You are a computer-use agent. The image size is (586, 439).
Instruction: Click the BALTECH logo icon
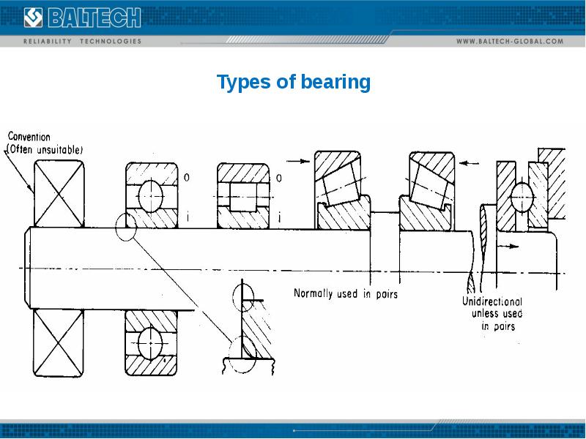(34, 17)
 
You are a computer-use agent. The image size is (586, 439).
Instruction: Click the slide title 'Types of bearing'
(294, 82)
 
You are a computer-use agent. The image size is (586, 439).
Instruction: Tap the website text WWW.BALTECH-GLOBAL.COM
(510, 41)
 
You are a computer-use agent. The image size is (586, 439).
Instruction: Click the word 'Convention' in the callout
(29, 136)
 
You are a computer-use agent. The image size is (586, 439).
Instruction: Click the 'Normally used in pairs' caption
(345, 293)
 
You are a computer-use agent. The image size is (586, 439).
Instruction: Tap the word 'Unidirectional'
(492, 301)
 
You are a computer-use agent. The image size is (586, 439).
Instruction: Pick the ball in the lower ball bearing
(151, 341)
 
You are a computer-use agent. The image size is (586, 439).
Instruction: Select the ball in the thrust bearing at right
(522, 196)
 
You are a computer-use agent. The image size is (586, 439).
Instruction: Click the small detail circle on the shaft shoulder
(126, 227)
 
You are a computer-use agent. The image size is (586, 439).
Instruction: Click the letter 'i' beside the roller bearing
(278, 217)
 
